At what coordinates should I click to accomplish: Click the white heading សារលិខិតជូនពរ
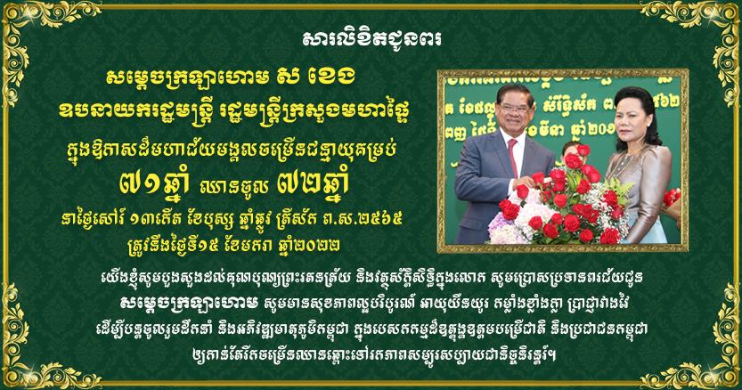point(372,39)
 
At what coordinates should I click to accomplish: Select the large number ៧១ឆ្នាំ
point(154,183)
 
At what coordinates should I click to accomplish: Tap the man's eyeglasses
point(514,108)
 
